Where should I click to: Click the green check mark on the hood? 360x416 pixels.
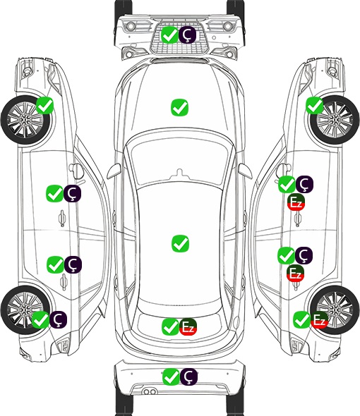pos(179,107)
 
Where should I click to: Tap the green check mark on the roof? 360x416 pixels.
pos(180,243)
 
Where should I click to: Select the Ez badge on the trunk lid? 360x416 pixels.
pos(188,326)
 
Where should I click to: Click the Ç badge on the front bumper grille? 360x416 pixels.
pos(187,35)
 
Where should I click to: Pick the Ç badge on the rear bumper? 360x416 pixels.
pos(188,377)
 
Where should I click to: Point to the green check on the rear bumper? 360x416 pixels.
pos(171,377)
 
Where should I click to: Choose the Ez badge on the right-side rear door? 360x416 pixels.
pos(295,273)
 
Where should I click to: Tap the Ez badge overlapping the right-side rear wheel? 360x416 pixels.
pos(319,320)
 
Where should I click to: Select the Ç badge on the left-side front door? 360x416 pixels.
pos(72,194)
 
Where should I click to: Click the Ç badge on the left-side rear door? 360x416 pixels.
pos(73,264)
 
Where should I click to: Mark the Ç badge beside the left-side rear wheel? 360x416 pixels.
pos(58,319)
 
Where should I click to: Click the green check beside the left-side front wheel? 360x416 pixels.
pos(44,106)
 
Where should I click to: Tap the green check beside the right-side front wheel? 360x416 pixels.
pos(315,106)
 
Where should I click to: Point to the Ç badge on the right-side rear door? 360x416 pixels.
pos(304,255)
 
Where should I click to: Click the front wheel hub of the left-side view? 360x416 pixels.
pos(25,120)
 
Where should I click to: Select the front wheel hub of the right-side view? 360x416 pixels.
pos(335,120)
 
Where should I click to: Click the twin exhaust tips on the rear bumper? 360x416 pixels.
pos(150,392)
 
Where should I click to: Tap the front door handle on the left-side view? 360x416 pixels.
pos(62,219)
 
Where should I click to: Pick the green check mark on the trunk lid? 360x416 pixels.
pos(170,326)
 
